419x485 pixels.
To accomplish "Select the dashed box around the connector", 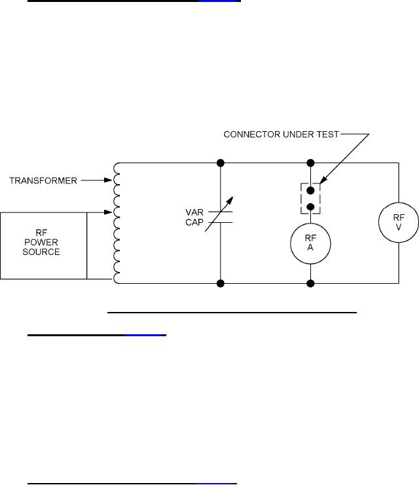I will [310, 197].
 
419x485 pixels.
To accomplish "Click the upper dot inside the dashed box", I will [310, 191].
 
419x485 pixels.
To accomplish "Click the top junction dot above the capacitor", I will [220, 163].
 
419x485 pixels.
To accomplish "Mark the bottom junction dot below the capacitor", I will [220, 283].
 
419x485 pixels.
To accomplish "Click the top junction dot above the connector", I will [310, 163].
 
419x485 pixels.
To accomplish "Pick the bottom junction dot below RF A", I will [310, 283].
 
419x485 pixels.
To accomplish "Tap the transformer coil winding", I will [117, 223].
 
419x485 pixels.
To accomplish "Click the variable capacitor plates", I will [220, 218].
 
